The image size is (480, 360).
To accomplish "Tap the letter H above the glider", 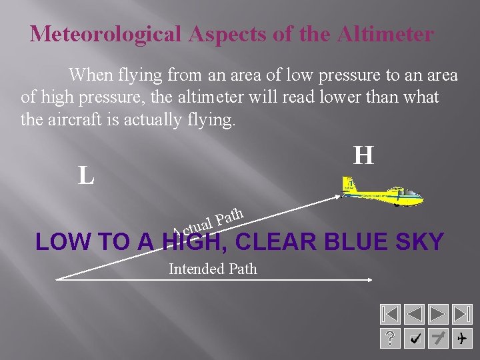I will click(x=363, y=156).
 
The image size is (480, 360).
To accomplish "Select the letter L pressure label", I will click(x=85, y=176).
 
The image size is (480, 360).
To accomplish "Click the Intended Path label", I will click(x=213, y=269).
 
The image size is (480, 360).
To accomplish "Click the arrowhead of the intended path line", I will click(x=369, y=280).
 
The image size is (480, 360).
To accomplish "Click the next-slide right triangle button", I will click(x=438, y=314).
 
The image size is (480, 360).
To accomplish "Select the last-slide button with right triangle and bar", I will click(x=461, y=314).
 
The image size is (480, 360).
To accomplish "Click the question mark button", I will click(x=390, y=339).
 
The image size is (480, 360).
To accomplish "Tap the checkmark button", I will click(x=414, y=339).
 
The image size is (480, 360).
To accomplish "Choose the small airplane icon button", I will click(x=461, y=339).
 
